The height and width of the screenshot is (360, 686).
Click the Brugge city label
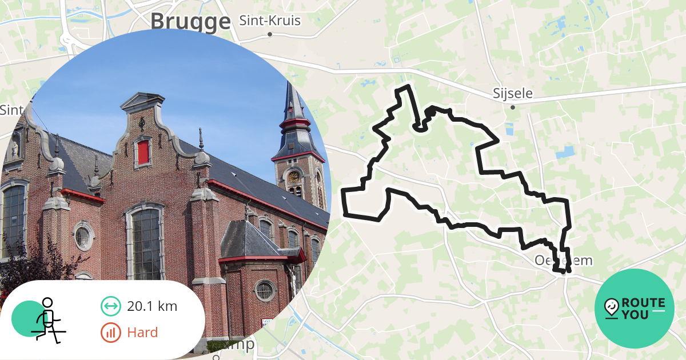tap(190, 22)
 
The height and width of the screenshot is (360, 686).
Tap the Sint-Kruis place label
tap(269, 21)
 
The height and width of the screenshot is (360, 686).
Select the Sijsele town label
tap(512, 93)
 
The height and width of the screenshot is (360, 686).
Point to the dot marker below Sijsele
tap(513, 107)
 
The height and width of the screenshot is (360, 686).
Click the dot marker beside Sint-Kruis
tap(270, 34)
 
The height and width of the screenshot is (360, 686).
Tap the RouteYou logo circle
tap(634, 309)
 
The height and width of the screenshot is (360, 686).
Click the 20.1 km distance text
tap(152, 306)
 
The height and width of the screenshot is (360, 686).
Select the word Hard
tap(142, 332)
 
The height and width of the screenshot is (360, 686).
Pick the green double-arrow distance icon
tap(110, 306)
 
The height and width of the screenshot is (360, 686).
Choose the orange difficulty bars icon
tap(110, 332)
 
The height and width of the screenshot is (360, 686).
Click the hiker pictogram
tap(46, 320)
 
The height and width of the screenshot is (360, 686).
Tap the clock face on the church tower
tap(294, 177)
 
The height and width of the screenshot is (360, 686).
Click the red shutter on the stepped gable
tap(143, 152)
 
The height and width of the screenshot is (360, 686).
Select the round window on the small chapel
tap(264, 290)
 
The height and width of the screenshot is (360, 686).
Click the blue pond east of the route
tap(565, 153)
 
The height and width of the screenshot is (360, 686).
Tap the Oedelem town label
tap(563, 261)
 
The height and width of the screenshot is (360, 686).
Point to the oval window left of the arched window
tap(83, 236)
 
